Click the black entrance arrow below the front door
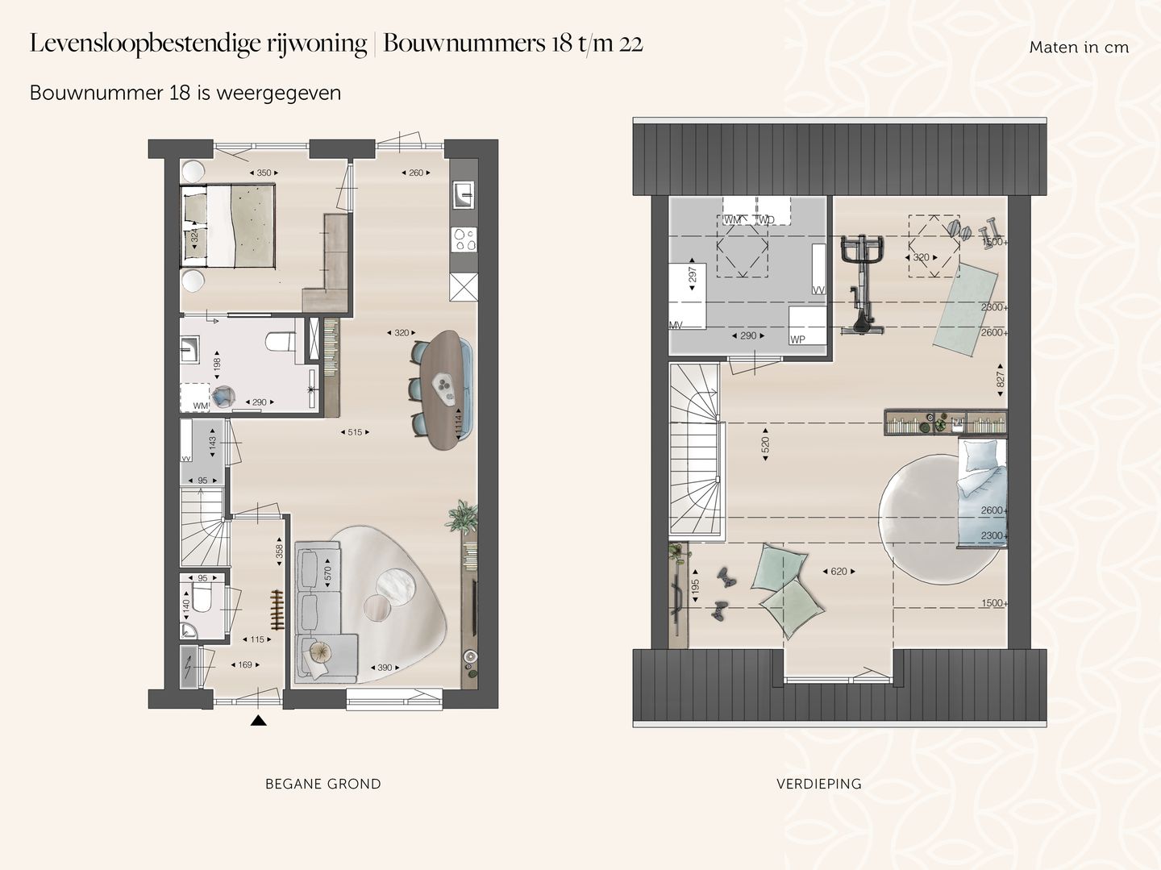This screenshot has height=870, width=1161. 258,720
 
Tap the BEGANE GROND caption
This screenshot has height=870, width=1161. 322,784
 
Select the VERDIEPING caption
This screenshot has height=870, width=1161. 818,784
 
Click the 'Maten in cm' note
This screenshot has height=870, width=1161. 1078,48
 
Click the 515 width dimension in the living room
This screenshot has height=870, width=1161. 355,432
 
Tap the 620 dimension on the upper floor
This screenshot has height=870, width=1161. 838,571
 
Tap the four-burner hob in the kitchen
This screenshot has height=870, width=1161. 464,239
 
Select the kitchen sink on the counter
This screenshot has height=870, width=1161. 464,194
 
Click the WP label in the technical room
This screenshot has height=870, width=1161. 797,339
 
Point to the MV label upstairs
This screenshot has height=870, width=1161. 676,325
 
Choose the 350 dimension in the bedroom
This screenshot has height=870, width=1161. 264,173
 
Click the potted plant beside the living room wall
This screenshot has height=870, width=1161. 462,516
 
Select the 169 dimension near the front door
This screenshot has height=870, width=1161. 244,664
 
